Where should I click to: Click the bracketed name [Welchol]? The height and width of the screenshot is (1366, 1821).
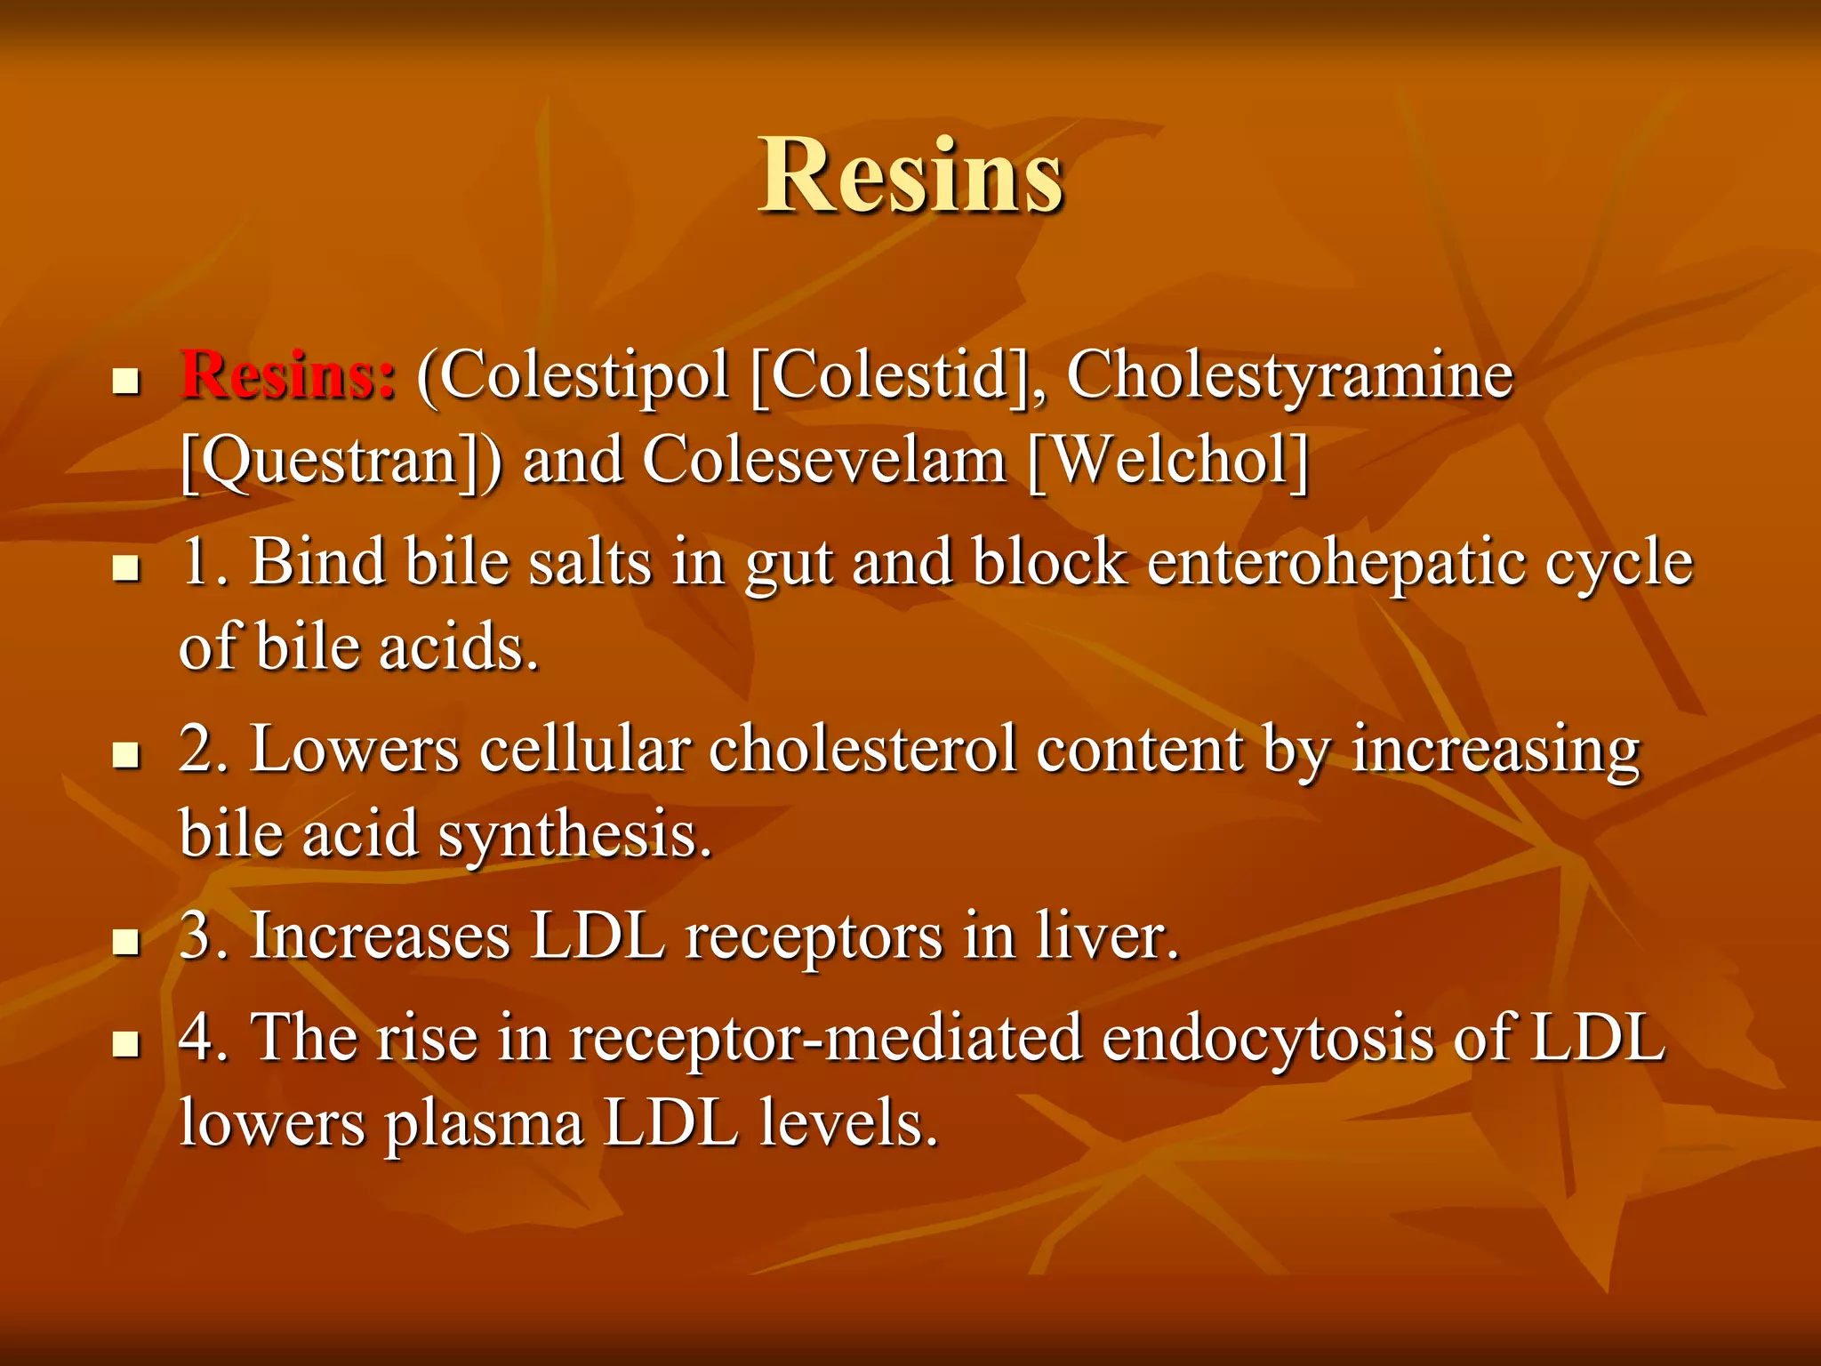pyautogui.click(x=1167, y=461)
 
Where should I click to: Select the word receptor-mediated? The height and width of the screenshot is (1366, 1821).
pyautogui.click(x=824, y=1038)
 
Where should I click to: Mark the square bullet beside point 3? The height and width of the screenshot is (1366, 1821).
pyautogui.click(x=127, y=942)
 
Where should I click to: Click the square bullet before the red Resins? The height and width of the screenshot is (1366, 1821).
pyautogui.click(x=127, y=382)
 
